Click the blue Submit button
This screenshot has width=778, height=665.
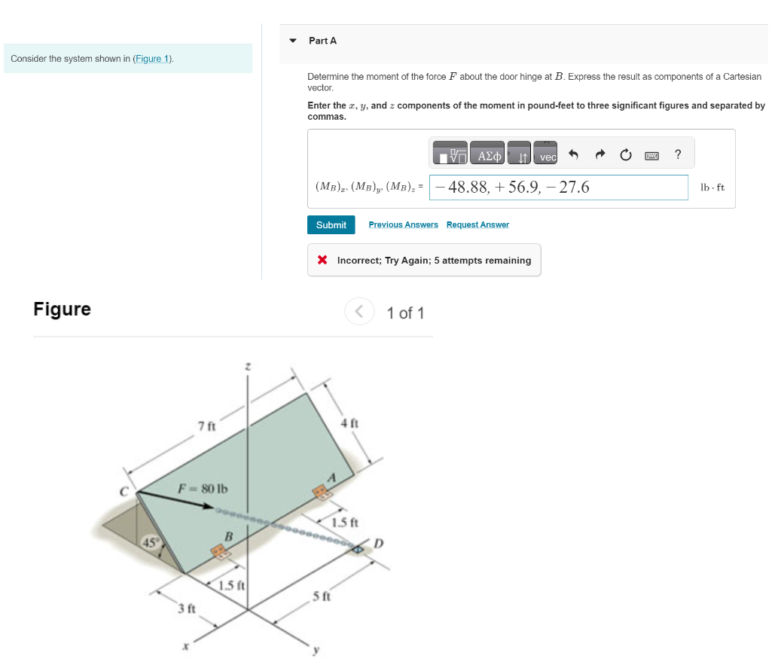[x=331, y=225]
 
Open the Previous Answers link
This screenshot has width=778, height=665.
[x=403, y=225]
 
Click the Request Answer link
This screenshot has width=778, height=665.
[x=477, y=225]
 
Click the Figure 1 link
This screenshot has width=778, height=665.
[x=152, y=59]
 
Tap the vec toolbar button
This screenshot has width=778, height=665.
[x=548, y=156]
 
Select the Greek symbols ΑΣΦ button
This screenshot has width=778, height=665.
[x=488, y=156]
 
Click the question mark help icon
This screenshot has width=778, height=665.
[x=678, y=155]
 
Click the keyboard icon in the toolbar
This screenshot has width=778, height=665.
[x=651, y=156]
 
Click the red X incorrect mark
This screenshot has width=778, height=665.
[x=322, y=261]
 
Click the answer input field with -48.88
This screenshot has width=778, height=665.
[x=558, y=188]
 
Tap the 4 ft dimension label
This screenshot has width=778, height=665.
[x=349, y=423]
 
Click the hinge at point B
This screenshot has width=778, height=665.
[x=220, y=551]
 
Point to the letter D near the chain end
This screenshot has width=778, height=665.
[x=379, y=544]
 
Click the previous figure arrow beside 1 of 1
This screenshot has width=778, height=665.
[x=360, y=312]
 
